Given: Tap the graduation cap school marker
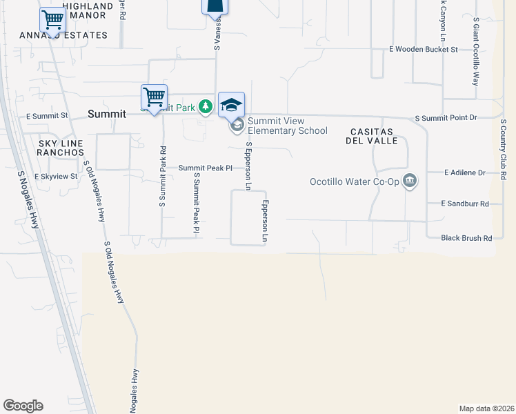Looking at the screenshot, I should click(x=231, y=105).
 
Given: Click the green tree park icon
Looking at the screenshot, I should click(x=206, y=107).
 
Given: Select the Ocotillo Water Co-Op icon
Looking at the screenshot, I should click(x=410, y=181).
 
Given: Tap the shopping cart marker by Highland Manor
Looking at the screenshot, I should click(x=52, y=20).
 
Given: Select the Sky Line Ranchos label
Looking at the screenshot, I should click(x=60, y=147).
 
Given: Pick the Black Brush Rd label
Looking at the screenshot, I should click(x=467, y=238).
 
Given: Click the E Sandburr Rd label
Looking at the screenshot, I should click(x=465, y=204).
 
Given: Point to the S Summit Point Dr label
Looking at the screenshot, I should click(x=446, y=118).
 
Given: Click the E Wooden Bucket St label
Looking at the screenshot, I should click(x=424, y=50).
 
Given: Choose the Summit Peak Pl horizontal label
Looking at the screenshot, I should click(x=205, y=168).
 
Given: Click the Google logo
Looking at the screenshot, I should click(x=23, y=406).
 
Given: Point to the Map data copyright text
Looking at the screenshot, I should click(x=486, y=408).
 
